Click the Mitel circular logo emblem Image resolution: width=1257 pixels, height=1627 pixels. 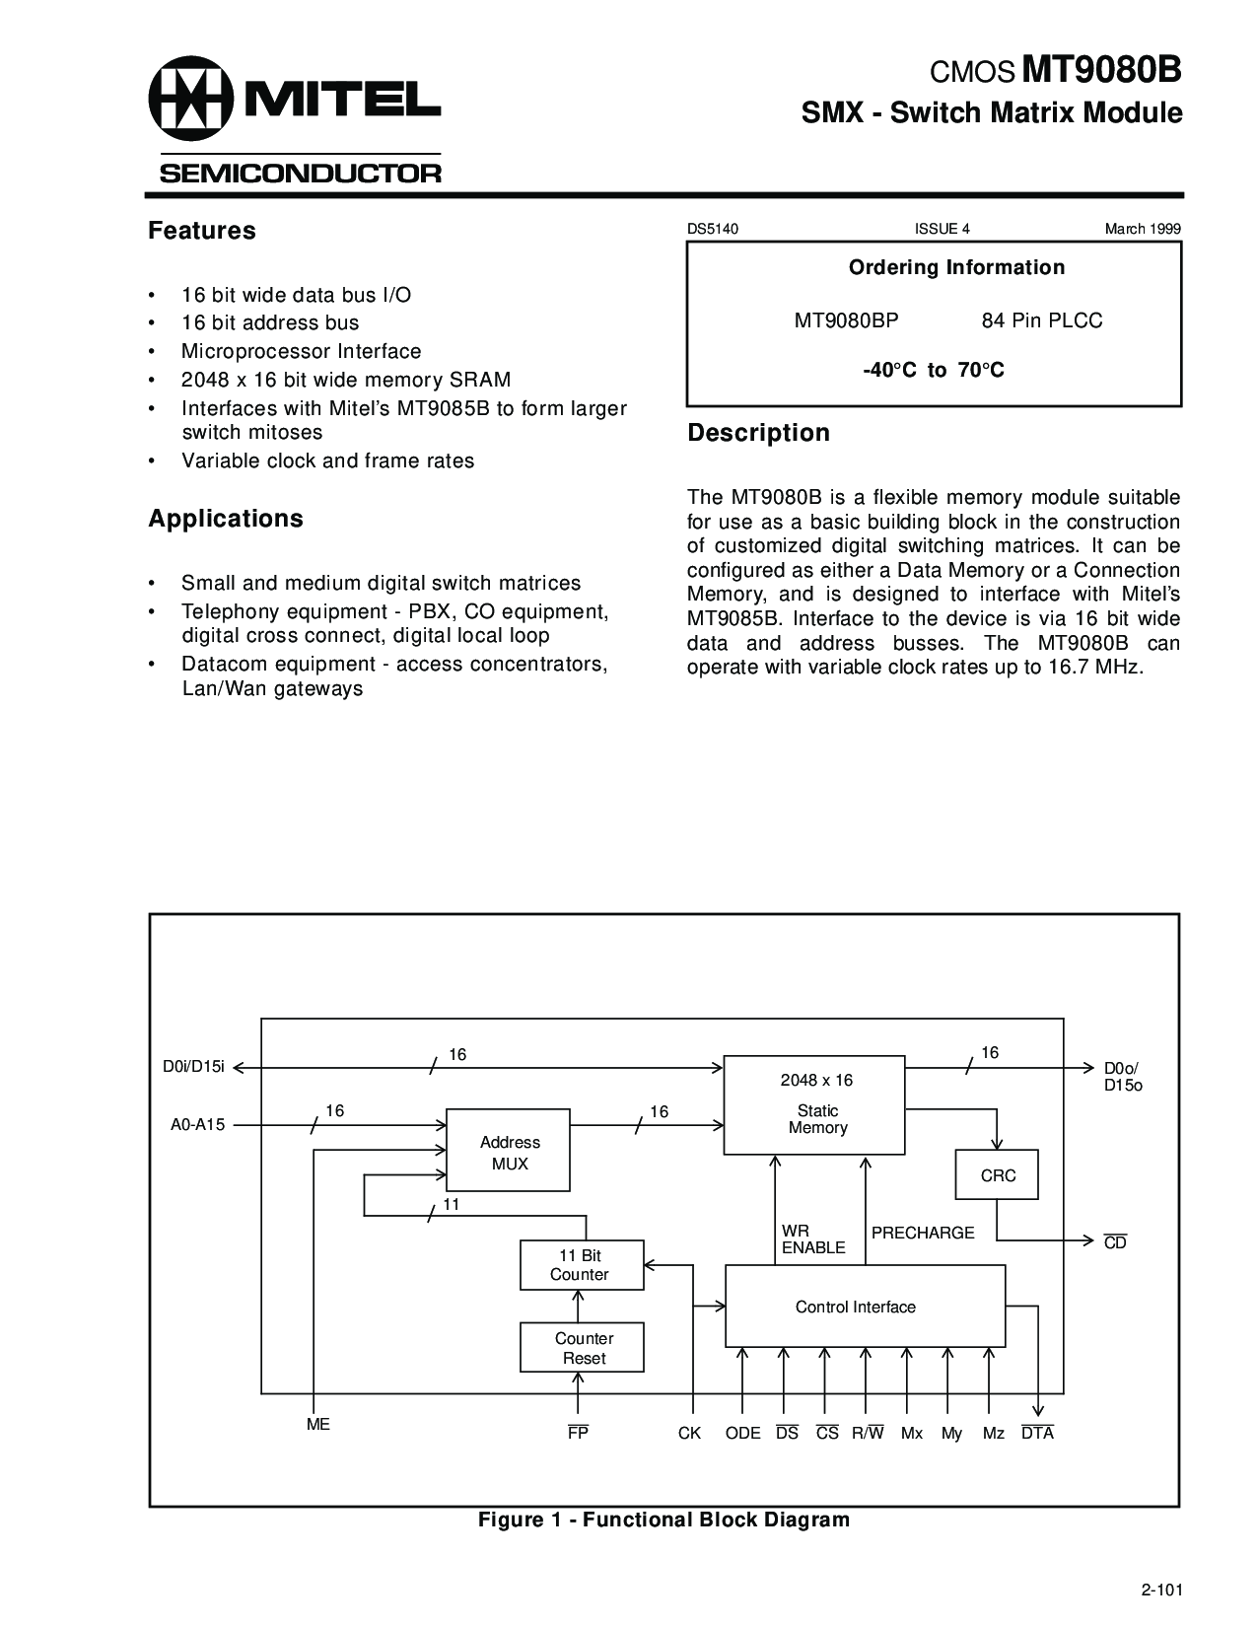[x=191, y=98]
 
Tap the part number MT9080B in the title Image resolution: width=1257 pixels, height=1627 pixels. [x=1101, y=70]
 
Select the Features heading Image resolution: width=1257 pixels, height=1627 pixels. [x=202, y=231]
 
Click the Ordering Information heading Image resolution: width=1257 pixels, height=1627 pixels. [x=956, y=267]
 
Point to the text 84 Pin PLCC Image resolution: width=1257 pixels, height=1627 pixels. [x=1041, y=320]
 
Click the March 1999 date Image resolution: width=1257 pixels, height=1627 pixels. [x=1143, y=229]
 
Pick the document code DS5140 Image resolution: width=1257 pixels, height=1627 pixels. [x=713, y=229]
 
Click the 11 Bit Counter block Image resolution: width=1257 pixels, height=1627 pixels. [x=582, y=1264]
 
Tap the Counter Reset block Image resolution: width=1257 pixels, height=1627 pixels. [x=582, y=1347]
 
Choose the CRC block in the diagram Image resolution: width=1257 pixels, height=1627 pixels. [x=997, y=1174]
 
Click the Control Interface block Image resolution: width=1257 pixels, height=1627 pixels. [x=865, y=1306]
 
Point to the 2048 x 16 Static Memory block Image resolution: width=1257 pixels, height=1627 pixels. [x=813, y=1105]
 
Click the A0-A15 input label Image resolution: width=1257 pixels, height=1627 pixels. [x=197, y=1124]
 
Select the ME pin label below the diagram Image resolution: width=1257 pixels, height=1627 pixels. [x=318, y=1424]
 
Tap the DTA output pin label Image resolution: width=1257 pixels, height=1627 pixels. [x=1038, y=1433]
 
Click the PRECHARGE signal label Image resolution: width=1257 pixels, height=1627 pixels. [x=923, y=1233]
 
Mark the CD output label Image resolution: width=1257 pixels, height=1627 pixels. [x=1115, y=1242]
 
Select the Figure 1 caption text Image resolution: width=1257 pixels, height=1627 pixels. [x=664, y=1520]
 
